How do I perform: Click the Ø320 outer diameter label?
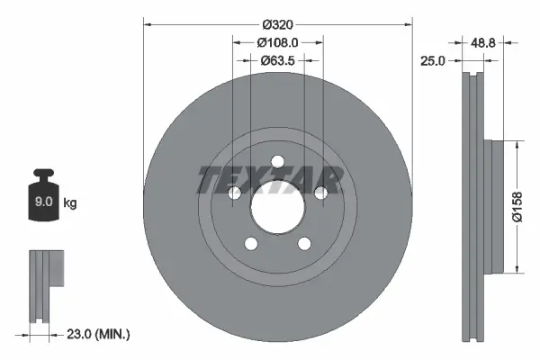tap(276, 15)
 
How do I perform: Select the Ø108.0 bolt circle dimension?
tap(277, 41)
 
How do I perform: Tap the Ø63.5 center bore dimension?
tap(277, 61)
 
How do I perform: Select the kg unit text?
tap(70, 203)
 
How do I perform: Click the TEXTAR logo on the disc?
tap(269, 180)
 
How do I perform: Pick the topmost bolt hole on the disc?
tap(277, 162)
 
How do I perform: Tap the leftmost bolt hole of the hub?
tap(234, 193)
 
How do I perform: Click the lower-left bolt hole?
tap(251, 244)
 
